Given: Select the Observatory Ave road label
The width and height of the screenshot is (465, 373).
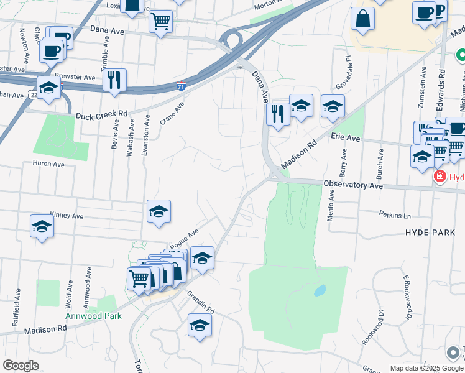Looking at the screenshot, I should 352,185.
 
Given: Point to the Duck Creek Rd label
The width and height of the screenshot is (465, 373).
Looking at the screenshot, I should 101,115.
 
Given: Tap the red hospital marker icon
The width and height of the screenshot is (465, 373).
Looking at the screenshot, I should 440,177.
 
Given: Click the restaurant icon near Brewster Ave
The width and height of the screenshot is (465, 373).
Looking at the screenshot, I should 114,80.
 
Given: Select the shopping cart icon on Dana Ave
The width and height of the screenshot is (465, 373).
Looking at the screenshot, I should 160,22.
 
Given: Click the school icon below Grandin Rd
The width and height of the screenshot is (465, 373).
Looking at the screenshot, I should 200,325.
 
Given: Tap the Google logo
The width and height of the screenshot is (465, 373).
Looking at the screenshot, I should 21,366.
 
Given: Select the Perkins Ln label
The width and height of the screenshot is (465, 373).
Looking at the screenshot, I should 395,214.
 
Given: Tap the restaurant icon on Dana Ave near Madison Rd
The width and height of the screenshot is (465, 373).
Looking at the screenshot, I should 277,114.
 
